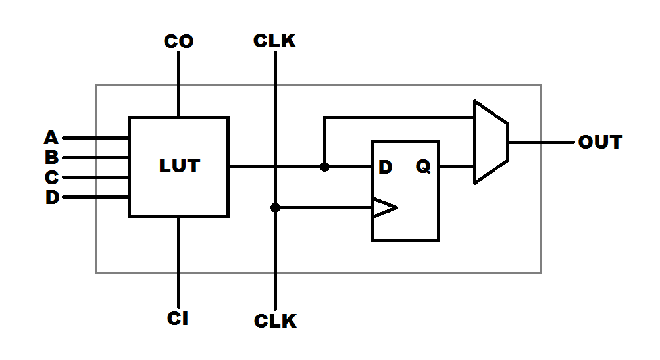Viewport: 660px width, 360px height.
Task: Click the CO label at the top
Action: pyautogui.click(x=178, y=42)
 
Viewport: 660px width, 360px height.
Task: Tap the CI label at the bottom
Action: pyautogui.click(x=178, y=319)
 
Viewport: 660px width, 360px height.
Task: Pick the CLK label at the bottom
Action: pyautogui.click(x=275, y=321)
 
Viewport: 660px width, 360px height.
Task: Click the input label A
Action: pyautogui.click(x=51, y=138)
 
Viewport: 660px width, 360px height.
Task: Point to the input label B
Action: pyautogui.click(x=51, y=158)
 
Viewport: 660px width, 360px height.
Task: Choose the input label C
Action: pyautogui.click(x=51, y=178)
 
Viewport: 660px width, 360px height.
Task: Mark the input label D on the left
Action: pyautogui.click(x=52, y=197)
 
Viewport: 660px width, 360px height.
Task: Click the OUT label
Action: pyautogui.click(x=599, y=142)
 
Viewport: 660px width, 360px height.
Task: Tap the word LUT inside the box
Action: pyautogui.click(x=179, y=167)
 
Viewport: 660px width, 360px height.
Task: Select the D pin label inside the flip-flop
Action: pyautogui.click(x=385, y=167)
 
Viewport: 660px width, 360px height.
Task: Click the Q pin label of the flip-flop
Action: pyautogui.click(x=423, y=167)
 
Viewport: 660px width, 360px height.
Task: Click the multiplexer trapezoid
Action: pyautogui.click(x=491, y=142)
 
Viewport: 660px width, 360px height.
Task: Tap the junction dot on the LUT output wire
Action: pyautogui.click(x=324, y=167)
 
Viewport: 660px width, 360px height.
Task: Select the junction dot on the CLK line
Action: pyautogui.click(x=275, y=207)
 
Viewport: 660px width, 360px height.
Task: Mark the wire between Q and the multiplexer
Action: pyautogui.click(x=457, y=167)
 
